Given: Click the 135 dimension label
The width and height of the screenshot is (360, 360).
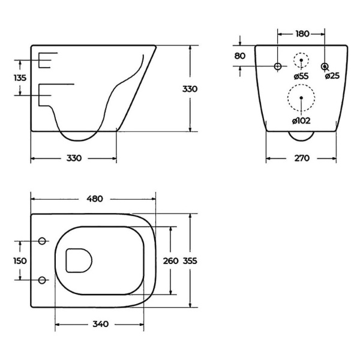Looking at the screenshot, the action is tap(20, 78).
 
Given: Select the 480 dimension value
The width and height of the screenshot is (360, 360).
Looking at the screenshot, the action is tap(95, 199).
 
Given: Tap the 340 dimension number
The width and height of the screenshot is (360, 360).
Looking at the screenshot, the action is tap(101, 324).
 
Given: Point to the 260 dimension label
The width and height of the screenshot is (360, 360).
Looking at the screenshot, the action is tap(170, 261).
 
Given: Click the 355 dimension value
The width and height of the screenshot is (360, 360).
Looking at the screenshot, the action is tap(190, 261).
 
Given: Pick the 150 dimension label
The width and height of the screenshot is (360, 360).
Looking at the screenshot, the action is tap(20, 261).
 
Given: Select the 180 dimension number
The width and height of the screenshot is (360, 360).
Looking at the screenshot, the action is tap(302, 34).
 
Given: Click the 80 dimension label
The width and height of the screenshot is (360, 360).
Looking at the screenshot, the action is tap(240, 56).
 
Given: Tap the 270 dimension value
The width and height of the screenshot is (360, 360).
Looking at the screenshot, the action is tap(302, 158).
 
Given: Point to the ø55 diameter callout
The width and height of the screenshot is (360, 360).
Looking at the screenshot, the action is tap(301, 76).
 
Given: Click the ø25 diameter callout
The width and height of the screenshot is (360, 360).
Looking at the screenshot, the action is tap(332, 76).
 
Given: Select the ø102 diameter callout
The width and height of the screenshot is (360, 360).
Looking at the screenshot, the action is tap(301, 121).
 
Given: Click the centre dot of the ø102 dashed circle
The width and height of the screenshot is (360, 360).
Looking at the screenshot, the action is tap(301, 98).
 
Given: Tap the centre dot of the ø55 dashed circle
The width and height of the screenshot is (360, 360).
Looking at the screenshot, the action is tap(301, 60).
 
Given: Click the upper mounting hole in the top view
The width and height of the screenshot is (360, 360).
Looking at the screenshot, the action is tap(42, 241).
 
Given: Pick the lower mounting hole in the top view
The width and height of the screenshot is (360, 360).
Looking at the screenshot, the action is tap(42, 280).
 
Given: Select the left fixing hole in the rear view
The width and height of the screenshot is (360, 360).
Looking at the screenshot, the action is tap(278, 67).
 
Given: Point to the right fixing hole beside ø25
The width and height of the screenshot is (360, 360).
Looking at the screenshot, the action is tap(324, 67).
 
